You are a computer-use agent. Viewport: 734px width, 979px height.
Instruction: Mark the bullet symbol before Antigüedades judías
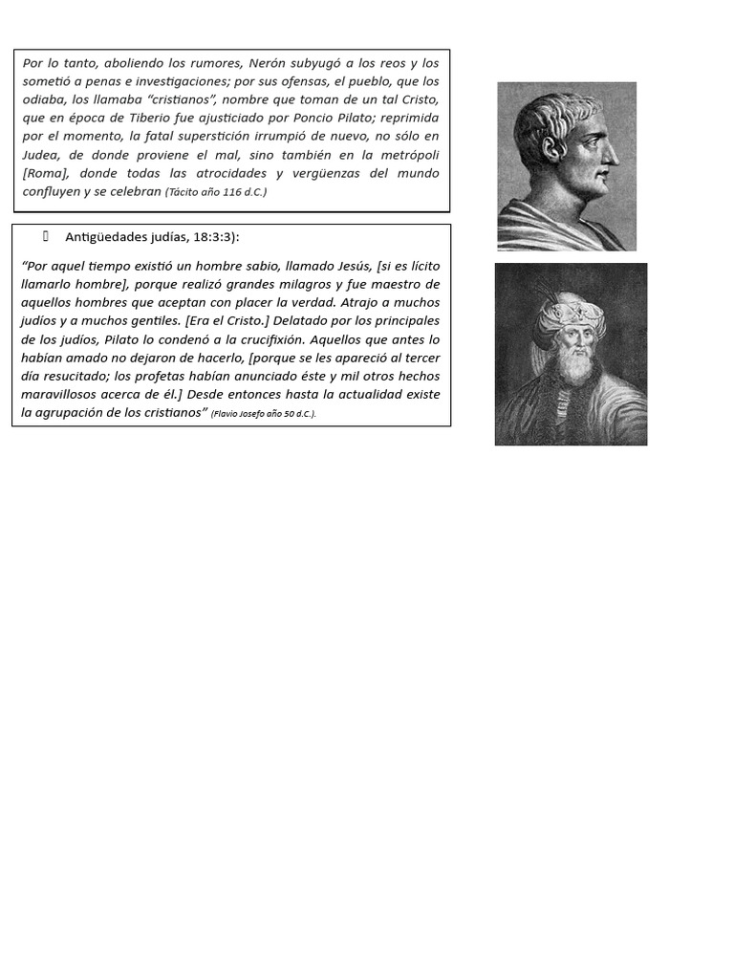tap(45, 236)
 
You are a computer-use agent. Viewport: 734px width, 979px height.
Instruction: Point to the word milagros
tap(293, 284)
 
